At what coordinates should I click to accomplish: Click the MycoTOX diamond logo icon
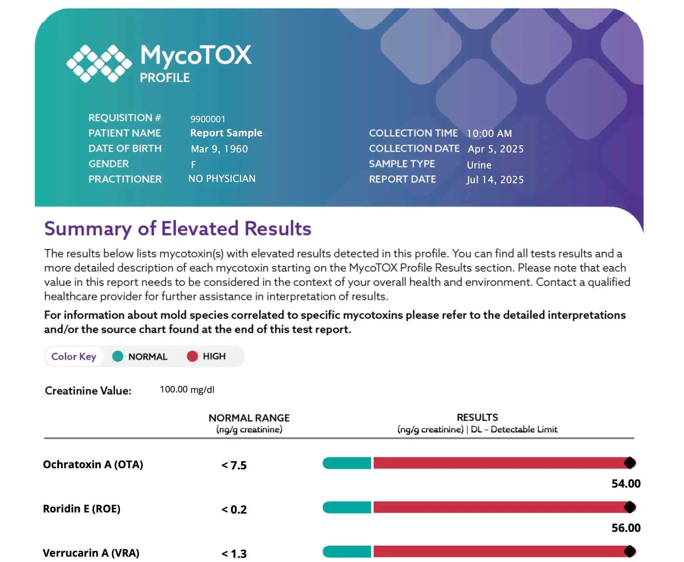tap(99, 63)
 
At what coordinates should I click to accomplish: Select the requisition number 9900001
tap(208, 119)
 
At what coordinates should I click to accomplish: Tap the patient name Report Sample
tap(226, 133)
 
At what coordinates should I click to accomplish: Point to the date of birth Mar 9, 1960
tap(219, 149)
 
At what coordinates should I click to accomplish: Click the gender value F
tap(193, 164)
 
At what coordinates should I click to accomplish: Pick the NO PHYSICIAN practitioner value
tap(222, 179)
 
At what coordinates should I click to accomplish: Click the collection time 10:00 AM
tap(489, 134)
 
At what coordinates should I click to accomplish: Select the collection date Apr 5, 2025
tap(496, 149)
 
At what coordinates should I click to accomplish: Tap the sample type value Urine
tap(479, 165)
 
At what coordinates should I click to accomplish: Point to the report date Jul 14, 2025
tap(495, 180)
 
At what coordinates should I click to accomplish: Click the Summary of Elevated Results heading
tap(178, 229)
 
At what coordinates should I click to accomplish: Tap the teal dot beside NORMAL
tap(118, 357)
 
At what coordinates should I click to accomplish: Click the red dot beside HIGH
tap(192, 357)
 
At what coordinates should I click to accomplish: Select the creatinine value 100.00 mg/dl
tap(187, 390)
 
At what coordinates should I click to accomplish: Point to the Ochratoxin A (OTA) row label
tap(93, 464)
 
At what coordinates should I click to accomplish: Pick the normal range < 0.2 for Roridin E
tap(234, 510)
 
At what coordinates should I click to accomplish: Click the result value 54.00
tap(626, 483)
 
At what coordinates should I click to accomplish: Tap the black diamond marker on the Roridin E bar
tap(630, 507)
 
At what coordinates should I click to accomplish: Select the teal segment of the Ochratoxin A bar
tap(347, 463)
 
